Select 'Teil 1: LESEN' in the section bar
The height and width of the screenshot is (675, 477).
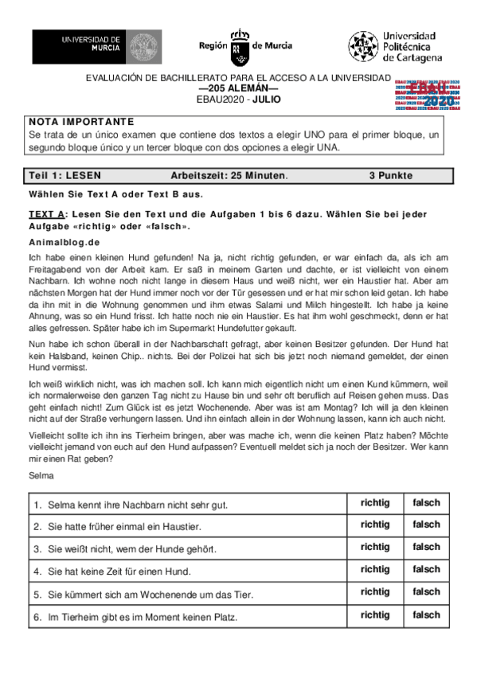click(x=65, y=175)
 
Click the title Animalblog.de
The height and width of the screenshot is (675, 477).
click(x=64, y=241)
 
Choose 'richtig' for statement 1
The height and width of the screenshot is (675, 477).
click(x=375, y=503)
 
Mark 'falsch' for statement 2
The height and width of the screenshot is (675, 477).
click(x=426, y=525)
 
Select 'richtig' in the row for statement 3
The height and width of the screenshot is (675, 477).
click(x=375, y=548)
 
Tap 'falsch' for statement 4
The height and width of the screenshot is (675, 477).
click(x=426, y=570)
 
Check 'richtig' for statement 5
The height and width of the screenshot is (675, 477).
click(x=375, y=592)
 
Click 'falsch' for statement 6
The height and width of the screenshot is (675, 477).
click(x=426, y=615)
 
